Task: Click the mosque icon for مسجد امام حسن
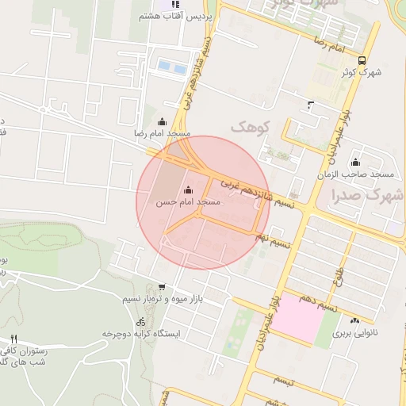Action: [188, 190]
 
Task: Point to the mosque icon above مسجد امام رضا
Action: [163, 121]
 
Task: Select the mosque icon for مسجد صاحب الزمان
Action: [354, 164]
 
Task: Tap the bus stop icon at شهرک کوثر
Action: [362, 60]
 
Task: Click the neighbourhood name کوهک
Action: [251, 127]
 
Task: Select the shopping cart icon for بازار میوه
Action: [163, 287]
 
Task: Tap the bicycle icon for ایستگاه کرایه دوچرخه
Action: [141, 322]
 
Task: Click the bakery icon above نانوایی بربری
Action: [355, 321]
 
